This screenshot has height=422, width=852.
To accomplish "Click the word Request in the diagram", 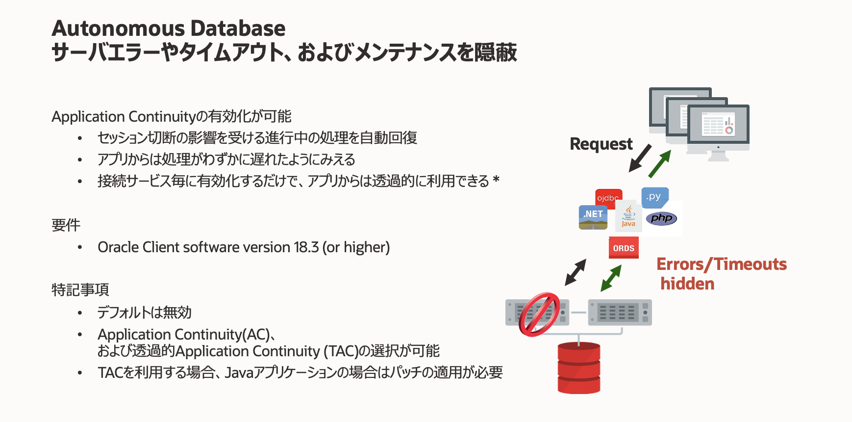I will [601, 144].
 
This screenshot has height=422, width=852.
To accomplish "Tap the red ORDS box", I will [624, 248].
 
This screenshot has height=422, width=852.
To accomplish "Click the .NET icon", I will [593, 217].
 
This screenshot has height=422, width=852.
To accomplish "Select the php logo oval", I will [661, 218].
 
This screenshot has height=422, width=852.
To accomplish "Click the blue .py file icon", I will [654, 197].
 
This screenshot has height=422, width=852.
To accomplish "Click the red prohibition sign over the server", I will [539, 315].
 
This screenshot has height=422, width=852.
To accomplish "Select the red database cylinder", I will [579, 368].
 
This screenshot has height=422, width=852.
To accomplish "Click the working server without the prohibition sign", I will [620, 312].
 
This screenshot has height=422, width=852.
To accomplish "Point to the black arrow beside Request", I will [640, 158].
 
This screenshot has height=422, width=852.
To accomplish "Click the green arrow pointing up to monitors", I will [659, 164].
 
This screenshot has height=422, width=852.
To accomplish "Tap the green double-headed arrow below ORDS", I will [611, 278].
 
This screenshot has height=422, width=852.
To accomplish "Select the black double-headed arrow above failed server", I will [576, 272].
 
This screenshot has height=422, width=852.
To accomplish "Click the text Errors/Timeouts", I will [721, 264].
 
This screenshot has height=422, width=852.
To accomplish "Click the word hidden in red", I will [687, 284].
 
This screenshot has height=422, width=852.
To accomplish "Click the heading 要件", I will [66, 225].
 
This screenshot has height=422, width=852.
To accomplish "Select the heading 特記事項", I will [80, 290].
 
